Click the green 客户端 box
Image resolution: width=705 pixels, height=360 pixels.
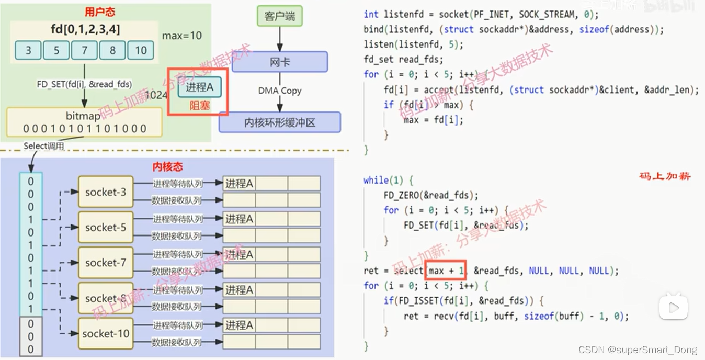coord(279,16)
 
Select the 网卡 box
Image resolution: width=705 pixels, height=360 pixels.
coord(279,62)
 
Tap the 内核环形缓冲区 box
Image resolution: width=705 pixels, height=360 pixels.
coord(279,122)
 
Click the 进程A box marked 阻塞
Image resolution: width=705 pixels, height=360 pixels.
coord(199,87)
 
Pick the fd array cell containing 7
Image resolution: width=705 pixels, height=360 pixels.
coord(84,50)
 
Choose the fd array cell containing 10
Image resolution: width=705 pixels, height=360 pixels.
coord(141,50)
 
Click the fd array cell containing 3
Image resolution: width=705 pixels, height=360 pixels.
coord(28,50)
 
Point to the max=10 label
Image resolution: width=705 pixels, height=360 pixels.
coord(181,36)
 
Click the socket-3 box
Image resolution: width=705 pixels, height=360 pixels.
coord(106,192)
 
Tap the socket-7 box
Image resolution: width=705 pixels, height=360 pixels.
coord(106,263)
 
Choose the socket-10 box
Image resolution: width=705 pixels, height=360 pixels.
coord(106,333)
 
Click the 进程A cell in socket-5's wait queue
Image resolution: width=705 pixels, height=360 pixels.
coord(239,219)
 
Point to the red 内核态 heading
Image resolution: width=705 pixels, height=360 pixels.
coord(167,167)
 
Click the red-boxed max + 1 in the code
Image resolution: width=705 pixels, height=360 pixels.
coord(445,271)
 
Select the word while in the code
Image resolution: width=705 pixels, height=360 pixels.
coord(376,181)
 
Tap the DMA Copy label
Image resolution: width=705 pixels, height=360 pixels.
coord(279,91)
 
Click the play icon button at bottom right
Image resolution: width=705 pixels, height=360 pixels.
coord(673,306)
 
